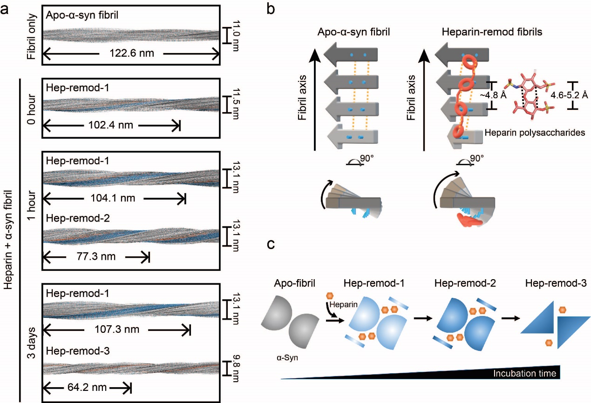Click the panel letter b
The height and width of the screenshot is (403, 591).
pyautogui.click(x=271, y=10)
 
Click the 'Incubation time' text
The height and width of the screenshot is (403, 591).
pyautogui.click(x=524, y=373)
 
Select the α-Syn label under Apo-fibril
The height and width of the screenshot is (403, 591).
pyautogui.click(x=286, y=359)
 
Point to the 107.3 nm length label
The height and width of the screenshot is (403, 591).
pyautogui.click(x=115, y=330)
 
